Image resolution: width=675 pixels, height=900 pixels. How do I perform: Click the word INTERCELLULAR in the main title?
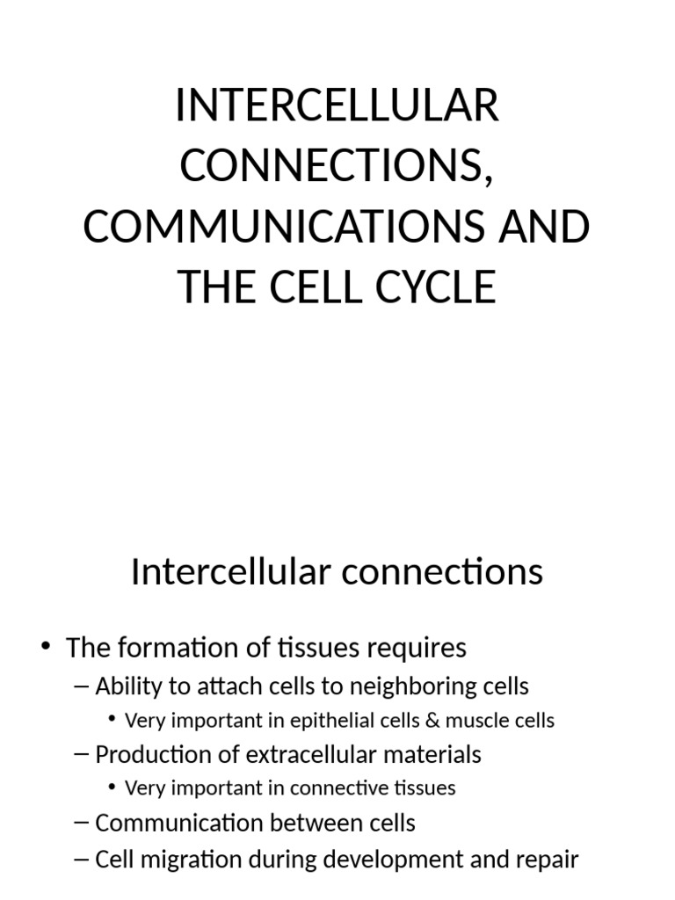click(x=337, y=107)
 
